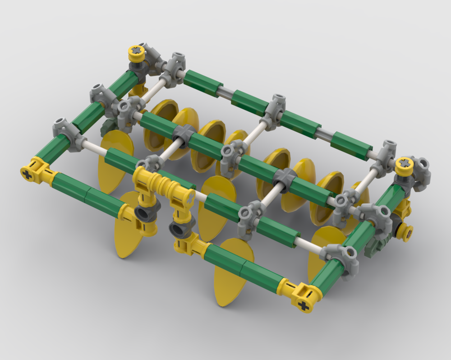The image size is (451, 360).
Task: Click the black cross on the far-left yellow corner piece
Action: [x=28, y=171]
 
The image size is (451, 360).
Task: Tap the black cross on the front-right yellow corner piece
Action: [x=304, y=306]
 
